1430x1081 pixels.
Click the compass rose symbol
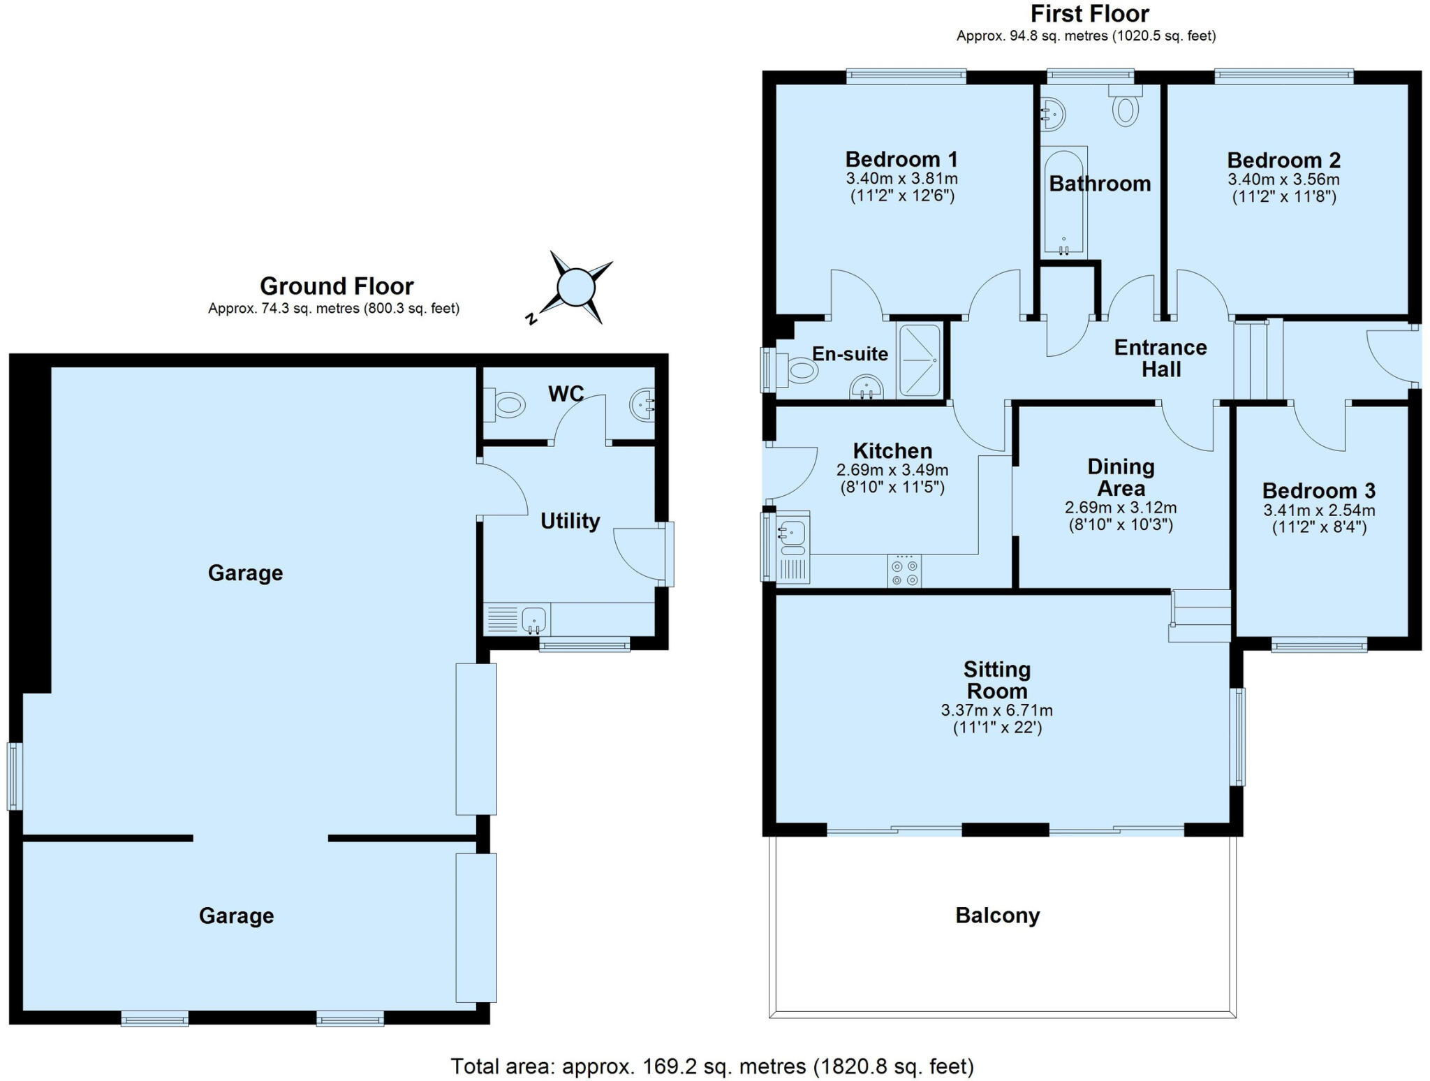tap(576, 287)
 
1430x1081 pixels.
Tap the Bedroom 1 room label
tap(901, 159)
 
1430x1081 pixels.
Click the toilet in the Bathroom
tap(1125, 108)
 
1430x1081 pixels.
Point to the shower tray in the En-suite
tap(919, 360)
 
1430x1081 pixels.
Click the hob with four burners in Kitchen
tap(904, 571)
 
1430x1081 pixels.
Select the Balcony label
tap(997, 915)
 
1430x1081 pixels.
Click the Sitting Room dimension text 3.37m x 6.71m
tap(996, 711)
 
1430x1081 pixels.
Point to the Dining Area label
tap(1121, 477)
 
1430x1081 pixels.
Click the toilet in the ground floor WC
tap(508, 405)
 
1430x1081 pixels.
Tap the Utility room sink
tap(534, 619)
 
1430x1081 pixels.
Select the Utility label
tap(570, 521)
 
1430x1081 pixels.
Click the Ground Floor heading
tap(337, 286)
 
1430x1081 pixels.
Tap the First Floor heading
tap(1089, 14)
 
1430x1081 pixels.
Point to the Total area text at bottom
tap(712, 1066)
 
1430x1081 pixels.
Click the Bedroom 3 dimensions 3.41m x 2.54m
tap(1319, 510)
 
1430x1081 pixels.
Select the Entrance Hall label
tap(1160, 358)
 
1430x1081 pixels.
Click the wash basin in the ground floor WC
tap(642, 404)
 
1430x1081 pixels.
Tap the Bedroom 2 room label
tap(1283, 160)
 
